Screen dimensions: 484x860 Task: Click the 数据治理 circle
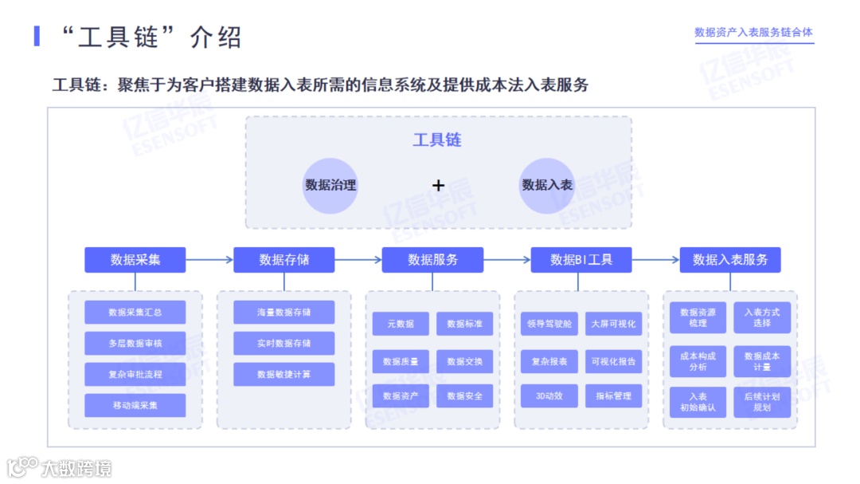(x=330, y=185)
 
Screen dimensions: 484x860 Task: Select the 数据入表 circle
(x=547, y=185)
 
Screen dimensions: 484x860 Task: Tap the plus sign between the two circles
(x=438, y=185)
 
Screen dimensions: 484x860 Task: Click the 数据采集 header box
(x=135, y=260)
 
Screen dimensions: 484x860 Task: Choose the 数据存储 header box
(x=284, y=260)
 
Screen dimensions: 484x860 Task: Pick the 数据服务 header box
(x=432, y=260)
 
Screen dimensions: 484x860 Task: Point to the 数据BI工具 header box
(x=581, y=260)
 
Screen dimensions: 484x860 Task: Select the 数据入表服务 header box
(x=730, y=260)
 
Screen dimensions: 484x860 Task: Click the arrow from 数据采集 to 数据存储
(x=209, y=260)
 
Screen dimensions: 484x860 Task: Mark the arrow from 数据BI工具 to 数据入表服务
(x=655, y=260)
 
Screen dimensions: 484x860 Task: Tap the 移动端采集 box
(x=135, y=405)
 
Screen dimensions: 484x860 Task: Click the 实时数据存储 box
(x=284, y=344)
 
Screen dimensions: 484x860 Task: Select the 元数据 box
(x=401, y=324)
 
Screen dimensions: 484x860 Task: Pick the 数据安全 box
(x=464, y=396)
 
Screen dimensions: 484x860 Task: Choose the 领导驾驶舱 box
(x=549, y=324)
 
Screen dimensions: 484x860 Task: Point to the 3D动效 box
(x=549, y=396)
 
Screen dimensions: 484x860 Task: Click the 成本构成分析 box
(x=698, y=361)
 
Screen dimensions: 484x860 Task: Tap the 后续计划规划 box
(x=762, y=402)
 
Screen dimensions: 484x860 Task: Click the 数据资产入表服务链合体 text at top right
(x=753, y=32)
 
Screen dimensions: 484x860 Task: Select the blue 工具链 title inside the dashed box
(x=437, y=140)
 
